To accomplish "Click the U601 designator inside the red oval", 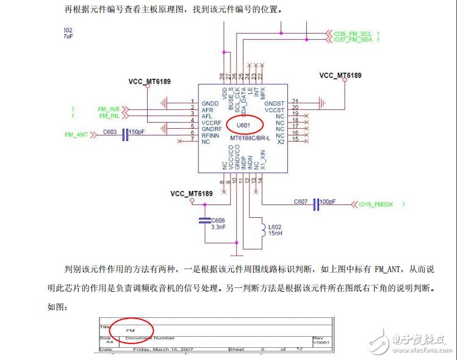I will pos(244,125).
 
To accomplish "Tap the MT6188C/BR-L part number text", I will pos(250,139).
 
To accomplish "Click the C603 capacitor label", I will pos(110,132).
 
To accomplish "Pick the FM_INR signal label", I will pos(109,109).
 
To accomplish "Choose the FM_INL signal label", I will pos(109,115).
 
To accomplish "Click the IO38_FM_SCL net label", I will pos(353,33).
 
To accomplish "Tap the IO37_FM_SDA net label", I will pos(353,39).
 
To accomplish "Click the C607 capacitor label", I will pos(301,201).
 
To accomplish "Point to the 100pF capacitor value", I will pos(328,201).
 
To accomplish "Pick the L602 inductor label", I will pos(275,227).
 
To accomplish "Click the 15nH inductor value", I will pos(275,233).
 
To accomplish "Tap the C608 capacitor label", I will pos(218,220).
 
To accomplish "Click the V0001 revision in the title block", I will pos(321,342).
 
